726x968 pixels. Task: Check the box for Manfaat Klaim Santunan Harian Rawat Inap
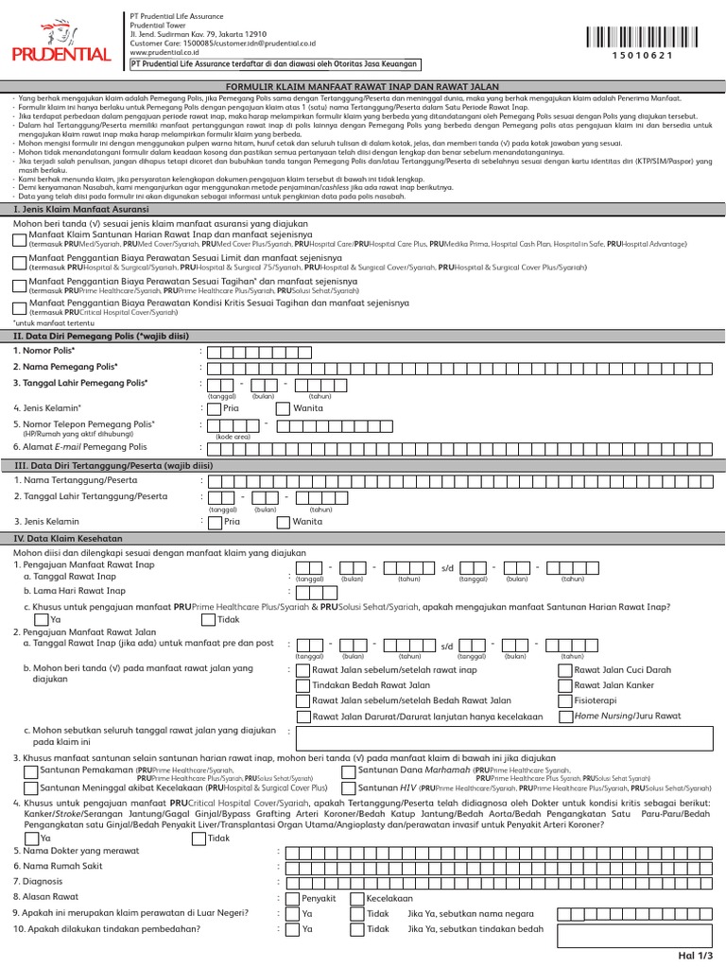(x=20, y=237)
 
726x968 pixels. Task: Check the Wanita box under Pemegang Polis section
(x=284, y=408)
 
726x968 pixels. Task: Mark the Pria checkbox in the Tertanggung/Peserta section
(x=215, y=521)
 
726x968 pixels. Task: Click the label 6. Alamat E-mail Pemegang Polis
(x=80, y=447)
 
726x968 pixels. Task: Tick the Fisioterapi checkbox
(x=565, y=700)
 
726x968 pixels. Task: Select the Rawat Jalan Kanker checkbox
(x=565, y=684)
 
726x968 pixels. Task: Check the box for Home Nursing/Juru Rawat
(x=565, y=717)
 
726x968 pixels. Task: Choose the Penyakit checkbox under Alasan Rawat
(x=292, y=898)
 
